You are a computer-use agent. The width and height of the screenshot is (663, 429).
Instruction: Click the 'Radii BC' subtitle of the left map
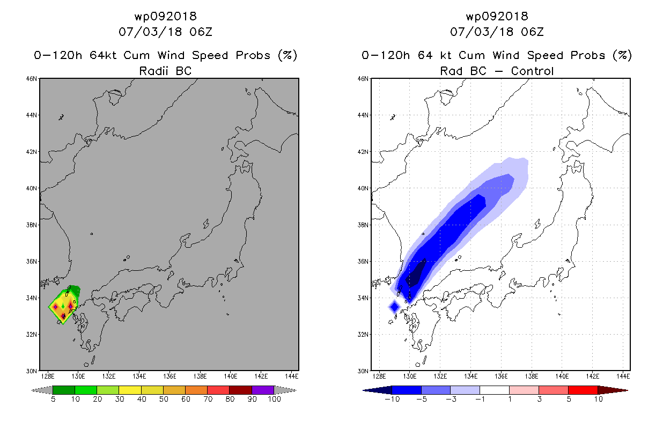pyautogui.click(x=165, y=71)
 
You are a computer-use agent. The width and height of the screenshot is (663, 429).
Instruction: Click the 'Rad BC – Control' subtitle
pyautogui.click(x=497, y=71)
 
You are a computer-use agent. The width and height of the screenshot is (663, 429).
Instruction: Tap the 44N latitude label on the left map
pyautogui.click(x=32, y=115)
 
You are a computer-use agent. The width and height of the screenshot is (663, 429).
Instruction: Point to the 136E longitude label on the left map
pyautogui.click(x=170, y=376)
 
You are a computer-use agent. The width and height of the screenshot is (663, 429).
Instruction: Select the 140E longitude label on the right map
pyautogui.click(x=562, y=376)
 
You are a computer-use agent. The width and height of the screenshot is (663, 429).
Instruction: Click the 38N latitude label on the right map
pyautogui.click(x=363, y=225)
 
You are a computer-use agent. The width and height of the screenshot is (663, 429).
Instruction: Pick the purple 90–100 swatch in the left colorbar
pyautogui.click(x=263, y=390)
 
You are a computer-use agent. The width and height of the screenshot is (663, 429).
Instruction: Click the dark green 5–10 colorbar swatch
pyautogui.click(x=64, y=390)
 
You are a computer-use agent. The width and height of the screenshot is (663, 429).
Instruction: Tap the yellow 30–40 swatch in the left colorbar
pyautogui.click(x=130, y=390)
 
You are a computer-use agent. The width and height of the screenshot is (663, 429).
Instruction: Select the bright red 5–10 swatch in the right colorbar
pyautogui.click(x=583, y=390)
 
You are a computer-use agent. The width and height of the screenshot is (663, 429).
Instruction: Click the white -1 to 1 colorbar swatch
pyautogui.click(x=495, y=390)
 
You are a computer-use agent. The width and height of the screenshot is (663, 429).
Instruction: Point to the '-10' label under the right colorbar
pyautogui.click(x=393, y=399)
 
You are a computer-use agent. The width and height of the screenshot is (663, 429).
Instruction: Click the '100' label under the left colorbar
pyautogui.click(x=274, y=399)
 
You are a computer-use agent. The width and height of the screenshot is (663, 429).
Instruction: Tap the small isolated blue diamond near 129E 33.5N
pyautogui.click(x=395, y=307)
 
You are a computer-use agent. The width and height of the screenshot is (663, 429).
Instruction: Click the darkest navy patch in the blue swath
pyautogui.click(x=416, y=273)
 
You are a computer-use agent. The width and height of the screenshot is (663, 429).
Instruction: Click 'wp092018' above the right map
pyautogui.click(x=497, y=16)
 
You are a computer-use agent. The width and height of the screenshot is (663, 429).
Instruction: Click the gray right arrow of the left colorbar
pyautogui.click(x=285, y=390)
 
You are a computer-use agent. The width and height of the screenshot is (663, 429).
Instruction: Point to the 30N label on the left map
pyautogui.click(x=32, y=371)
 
